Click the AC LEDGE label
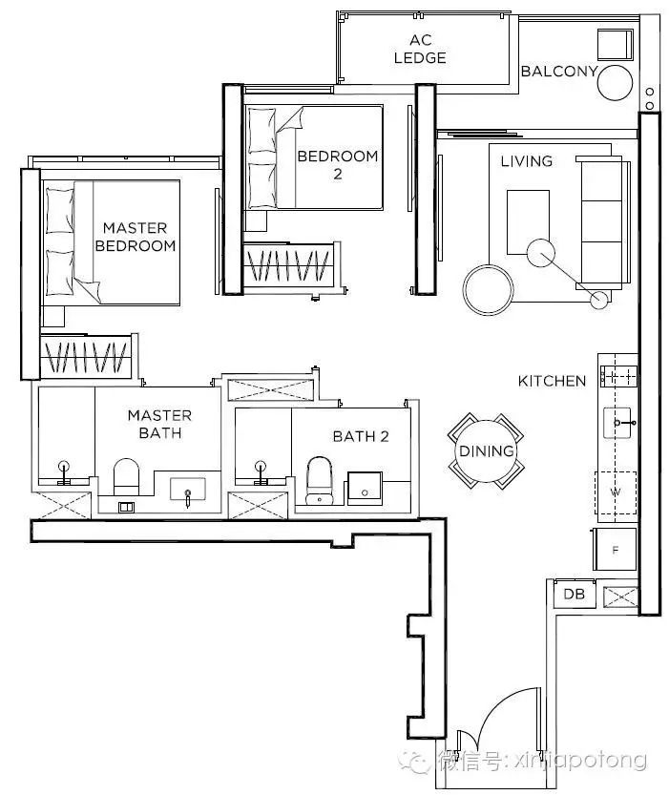point(420,49)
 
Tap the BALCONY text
point(559,71)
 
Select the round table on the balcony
point(615,82)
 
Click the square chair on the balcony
point(616,45)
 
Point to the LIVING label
point(527,161)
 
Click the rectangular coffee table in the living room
point(528,222)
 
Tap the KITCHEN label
point(552,381)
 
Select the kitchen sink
point(617,423)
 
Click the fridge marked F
point(616,549)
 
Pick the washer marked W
point(616,492)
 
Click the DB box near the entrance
point(575,594)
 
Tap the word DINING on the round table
point(487,450)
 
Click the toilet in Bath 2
point(320,481)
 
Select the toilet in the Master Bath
point(126,477)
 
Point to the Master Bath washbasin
point(187,489)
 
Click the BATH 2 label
point(361,436)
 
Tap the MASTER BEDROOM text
point(136,237)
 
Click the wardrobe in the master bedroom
point(86,355)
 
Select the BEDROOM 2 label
point(338,165)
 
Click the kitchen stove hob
point(617,376)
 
